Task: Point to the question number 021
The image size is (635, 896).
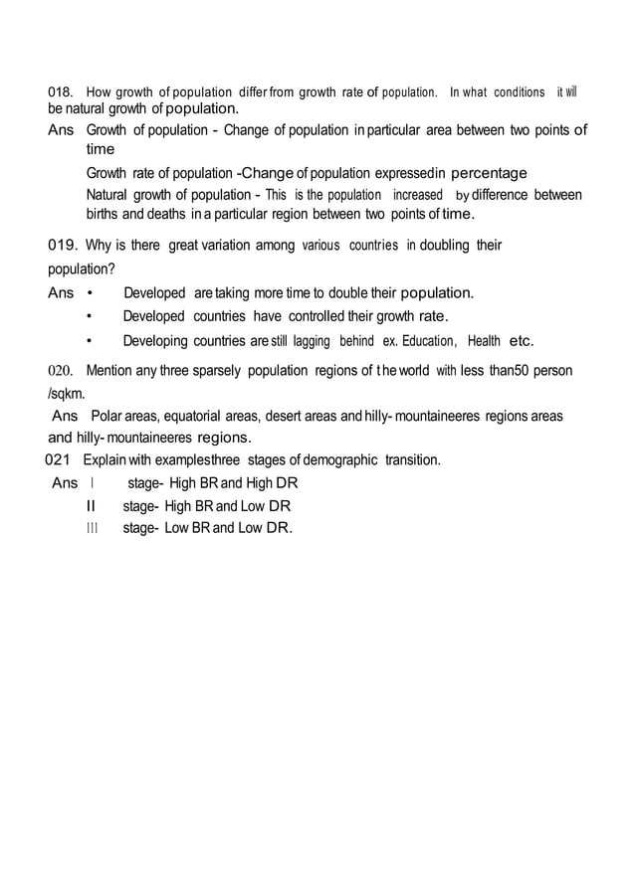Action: (60, 459)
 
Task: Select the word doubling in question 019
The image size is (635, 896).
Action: (447, 245)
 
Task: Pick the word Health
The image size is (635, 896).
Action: (484, 341)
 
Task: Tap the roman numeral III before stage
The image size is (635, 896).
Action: (93, 528)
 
